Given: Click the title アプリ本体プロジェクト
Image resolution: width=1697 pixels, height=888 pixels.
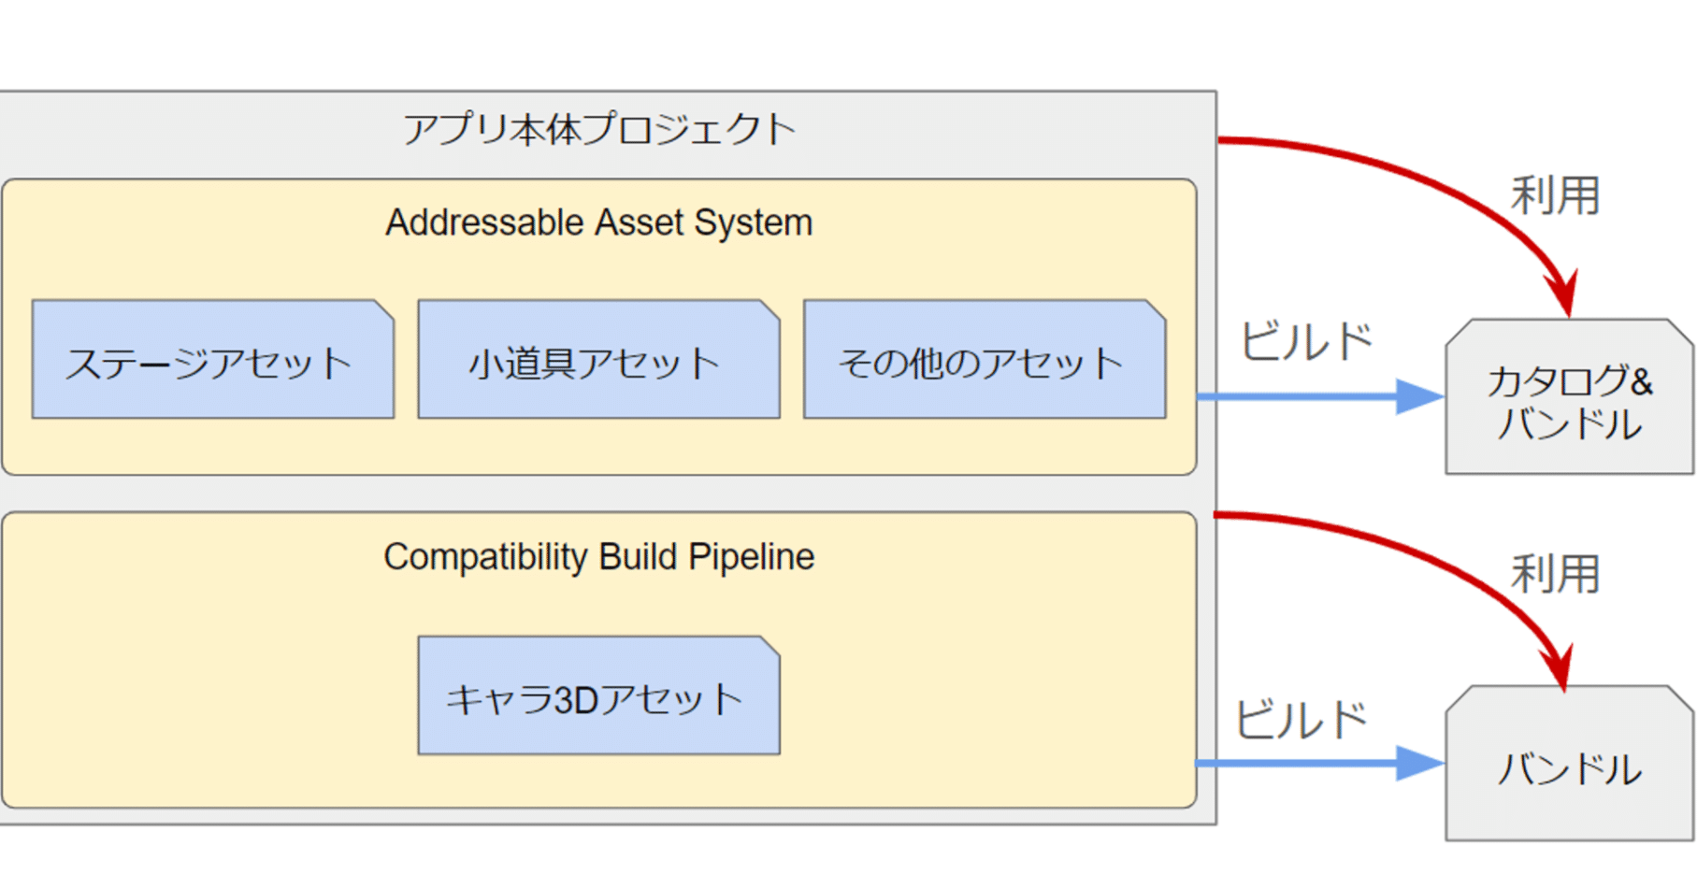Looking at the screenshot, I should pyautogui.click(x=598, y=129).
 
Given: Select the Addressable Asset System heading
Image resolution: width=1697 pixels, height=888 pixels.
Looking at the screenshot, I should pyautogui.click(x=598, y=223).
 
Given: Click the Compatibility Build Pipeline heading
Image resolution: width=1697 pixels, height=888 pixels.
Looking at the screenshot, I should pyautogui.click(x=598, y=557).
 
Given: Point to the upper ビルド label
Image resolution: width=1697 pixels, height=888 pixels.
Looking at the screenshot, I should pyautogui.click(x=1306, y=341).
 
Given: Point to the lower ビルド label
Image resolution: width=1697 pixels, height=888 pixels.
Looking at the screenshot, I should pyautogui.click(x=1302, y=720).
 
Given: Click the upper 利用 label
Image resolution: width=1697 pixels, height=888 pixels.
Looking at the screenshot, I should pyautogui.click(x=1555, y=196).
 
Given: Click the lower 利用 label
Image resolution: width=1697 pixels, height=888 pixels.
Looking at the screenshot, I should pyautogui.click(x=1555, y=574).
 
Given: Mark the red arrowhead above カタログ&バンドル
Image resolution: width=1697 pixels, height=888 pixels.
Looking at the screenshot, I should pyautogui.click(x=1564, y=294).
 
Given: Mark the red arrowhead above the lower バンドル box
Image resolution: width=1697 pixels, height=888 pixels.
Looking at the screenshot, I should pyautogui.click(x=1560, y=668).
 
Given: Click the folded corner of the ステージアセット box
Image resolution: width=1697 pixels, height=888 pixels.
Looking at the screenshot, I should pyautogui.click(x=384, y=309).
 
